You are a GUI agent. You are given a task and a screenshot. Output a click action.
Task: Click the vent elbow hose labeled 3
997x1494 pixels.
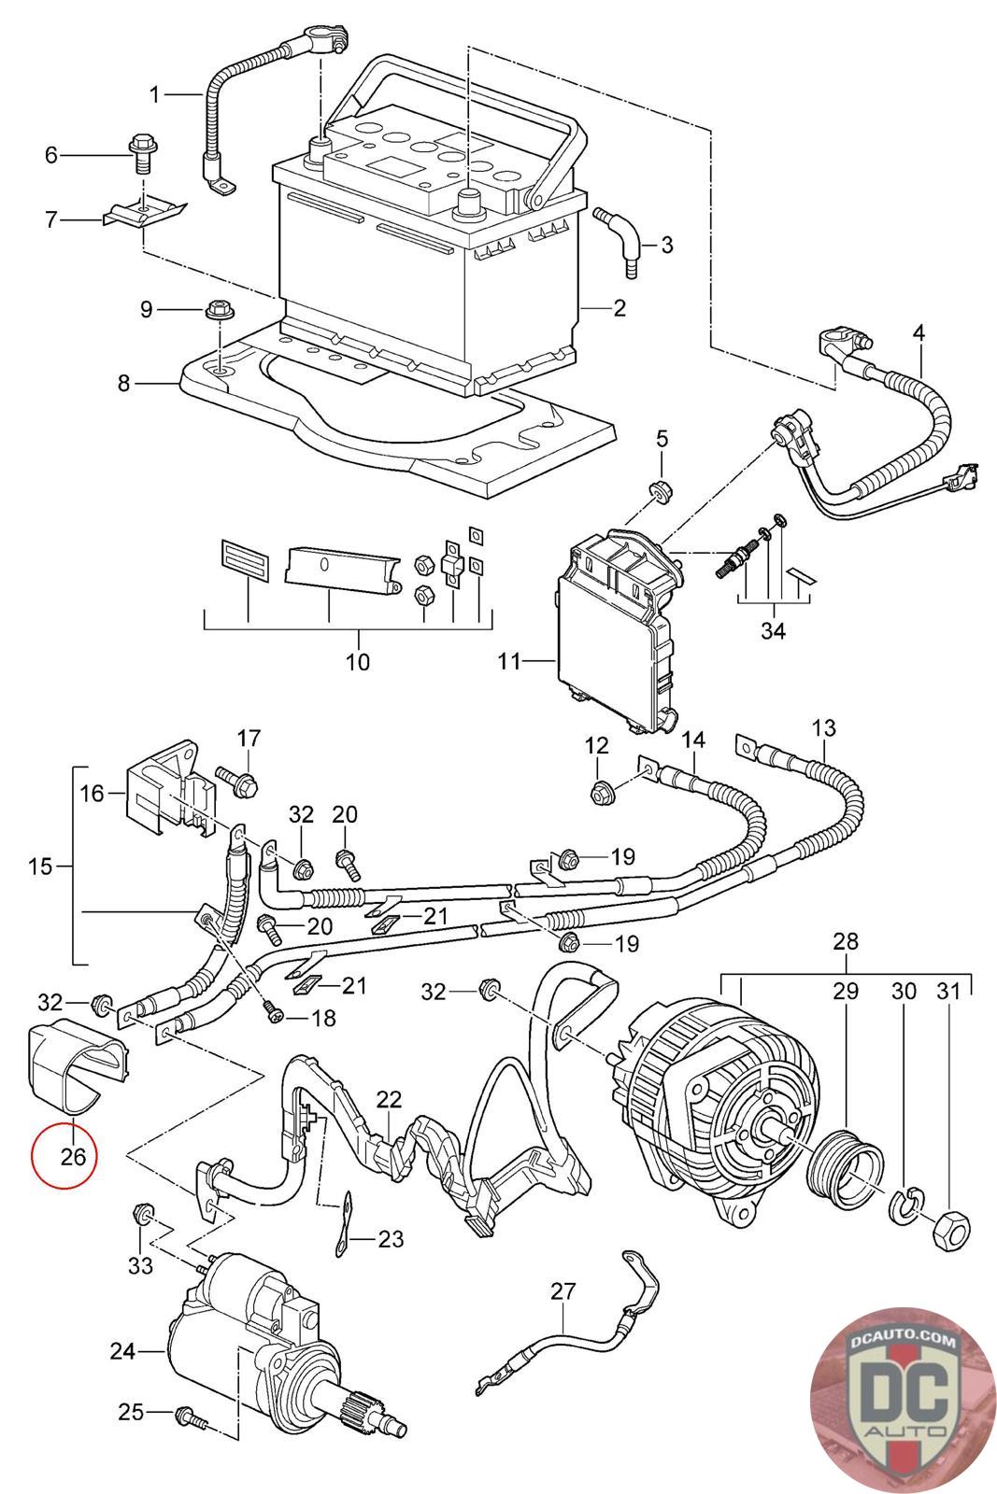point(623,240)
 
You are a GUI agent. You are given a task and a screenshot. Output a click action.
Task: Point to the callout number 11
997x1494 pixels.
point(509,662)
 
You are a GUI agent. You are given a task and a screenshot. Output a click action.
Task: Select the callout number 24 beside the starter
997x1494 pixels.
point(123,1350)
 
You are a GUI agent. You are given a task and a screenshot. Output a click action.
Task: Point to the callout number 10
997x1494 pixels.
point(358,662)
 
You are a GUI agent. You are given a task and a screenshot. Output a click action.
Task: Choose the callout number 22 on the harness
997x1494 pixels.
point(389,1100)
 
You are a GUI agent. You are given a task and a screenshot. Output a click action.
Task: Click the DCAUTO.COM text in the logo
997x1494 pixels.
point(904,1342)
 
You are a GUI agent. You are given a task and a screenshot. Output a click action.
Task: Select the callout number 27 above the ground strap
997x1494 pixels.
point(563,1291)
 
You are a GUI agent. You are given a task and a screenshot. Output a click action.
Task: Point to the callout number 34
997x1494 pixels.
point(773,631)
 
